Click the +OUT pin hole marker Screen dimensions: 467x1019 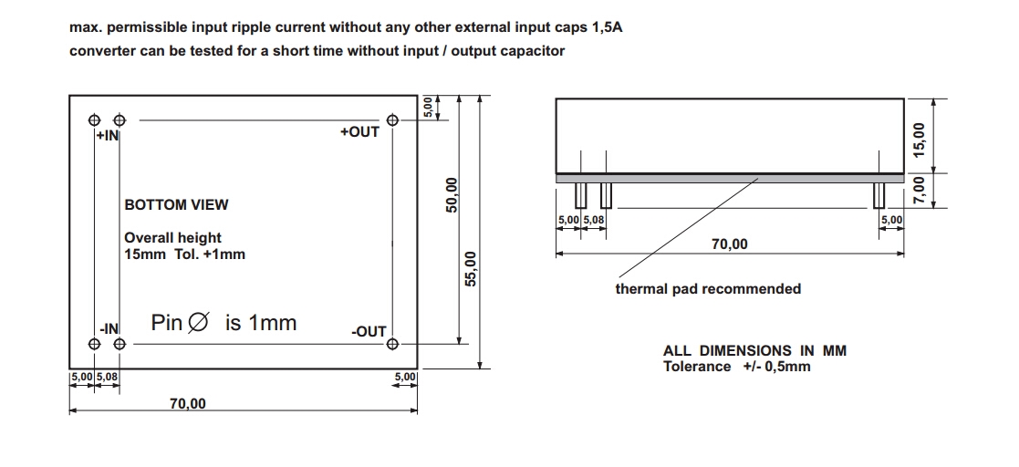[392, 119]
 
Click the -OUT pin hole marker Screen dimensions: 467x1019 [392, 344]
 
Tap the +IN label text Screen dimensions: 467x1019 [108, 136]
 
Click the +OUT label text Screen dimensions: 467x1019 [359, 132]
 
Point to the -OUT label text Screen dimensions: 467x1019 [369, 332]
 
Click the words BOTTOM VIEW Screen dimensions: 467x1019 [176, 204]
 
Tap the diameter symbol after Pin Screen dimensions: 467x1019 [197, 323]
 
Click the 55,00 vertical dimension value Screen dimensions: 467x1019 [472, 268]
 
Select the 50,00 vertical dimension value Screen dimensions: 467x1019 [451, 194]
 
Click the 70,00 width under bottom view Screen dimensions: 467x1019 [188, 404]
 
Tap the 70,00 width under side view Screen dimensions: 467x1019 [729, 244]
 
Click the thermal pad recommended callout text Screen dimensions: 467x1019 [708, 289]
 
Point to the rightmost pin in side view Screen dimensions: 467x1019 [879, 195]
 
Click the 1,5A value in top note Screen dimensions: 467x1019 [606, 27]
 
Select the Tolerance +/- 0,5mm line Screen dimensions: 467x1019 [736, 367]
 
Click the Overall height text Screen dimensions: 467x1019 [172, 238]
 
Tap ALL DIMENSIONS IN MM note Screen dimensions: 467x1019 [754, 350]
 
